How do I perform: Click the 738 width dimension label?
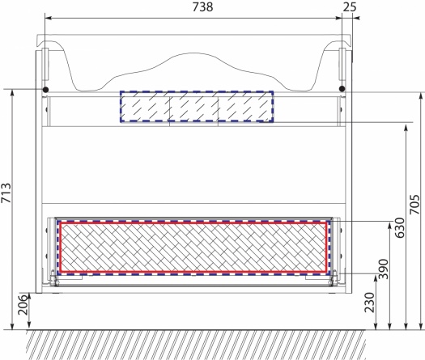[202, 7]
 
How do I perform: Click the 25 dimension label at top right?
[350, 7]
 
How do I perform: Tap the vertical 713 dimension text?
[6, 193]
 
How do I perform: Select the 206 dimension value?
[23, 305]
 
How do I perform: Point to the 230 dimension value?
[369, 303]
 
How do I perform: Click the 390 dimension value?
[383, 269]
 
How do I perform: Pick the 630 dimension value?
[399, 227]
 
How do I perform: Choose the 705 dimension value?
[414, 204]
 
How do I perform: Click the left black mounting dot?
[46, 89]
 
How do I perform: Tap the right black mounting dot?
[342, 88]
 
